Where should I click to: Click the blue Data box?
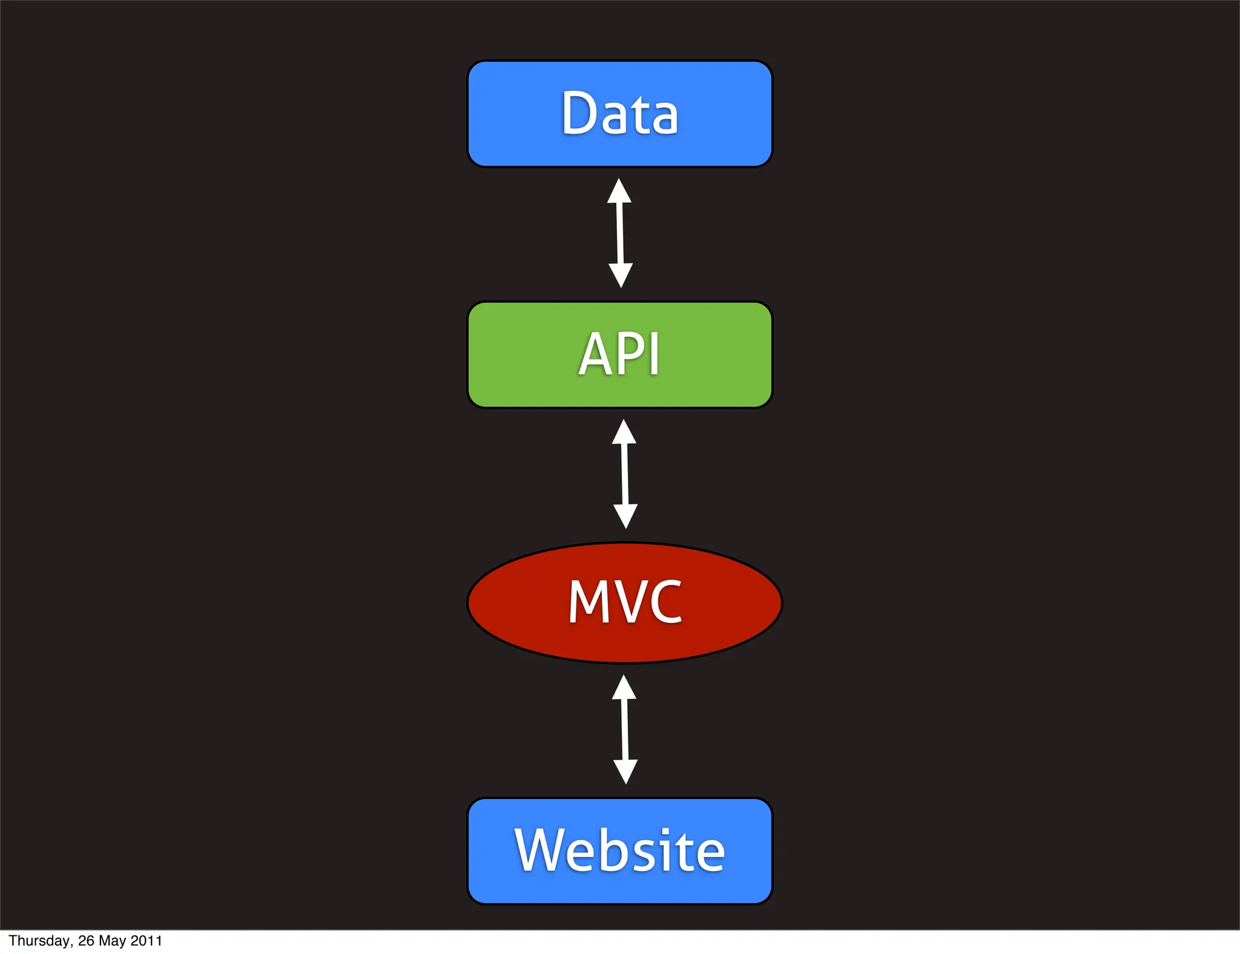pos(619,114)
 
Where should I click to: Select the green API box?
pos(619,355)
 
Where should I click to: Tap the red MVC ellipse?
pos(624,602)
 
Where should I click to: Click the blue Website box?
pos(619,851)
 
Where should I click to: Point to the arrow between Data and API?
pos(620,233)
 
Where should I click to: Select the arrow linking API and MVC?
pos(625,474)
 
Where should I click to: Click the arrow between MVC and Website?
pos(625,729)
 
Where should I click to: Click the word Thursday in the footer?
pos(40,941)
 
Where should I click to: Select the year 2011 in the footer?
pos(146,941)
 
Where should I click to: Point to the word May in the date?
pos(112,941)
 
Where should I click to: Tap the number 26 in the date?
pos(86,941)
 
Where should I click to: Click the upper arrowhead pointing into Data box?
pos(619,192)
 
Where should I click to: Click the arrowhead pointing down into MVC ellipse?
pos(625,516)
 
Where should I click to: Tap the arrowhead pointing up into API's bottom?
pos(624,433)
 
